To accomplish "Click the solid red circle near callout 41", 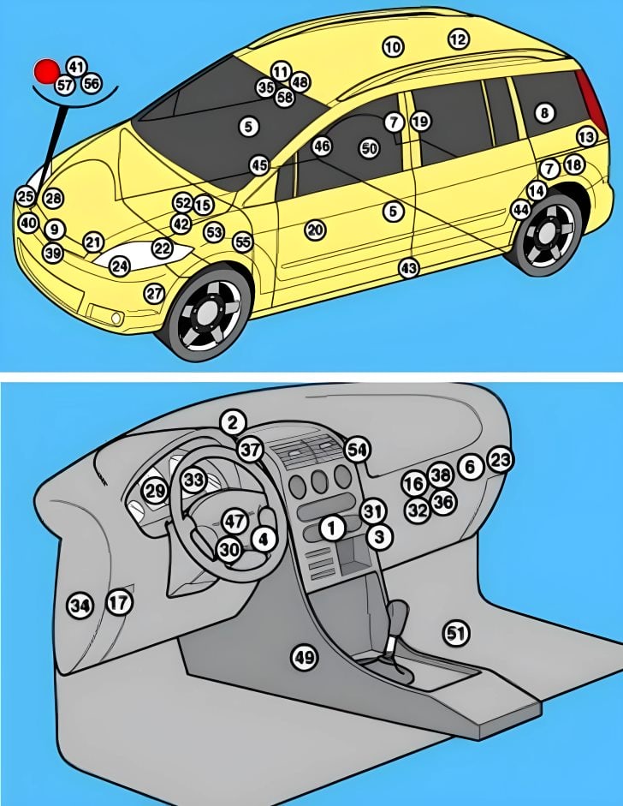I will point(46,70).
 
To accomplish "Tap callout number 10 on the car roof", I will point(393,47).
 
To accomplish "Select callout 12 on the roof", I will point(459,39).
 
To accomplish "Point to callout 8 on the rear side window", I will point(544,112).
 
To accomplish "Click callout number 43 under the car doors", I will point(409,268).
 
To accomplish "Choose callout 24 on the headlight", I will point(120,266).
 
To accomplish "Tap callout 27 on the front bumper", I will point(154,293).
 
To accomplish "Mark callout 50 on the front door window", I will point(369,148).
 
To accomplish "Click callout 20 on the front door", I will point(316,230).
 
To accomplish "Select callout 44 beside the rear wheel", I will point(520,209).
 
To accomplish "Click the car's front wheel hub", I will point(208,314).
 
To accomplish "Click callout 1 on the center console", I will point(332,528).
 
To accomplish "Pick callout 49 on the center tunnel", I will point(304,657).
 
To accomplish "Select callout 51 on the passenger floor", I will point(456,633).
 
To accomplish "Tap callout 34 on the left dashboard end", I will point(80,606).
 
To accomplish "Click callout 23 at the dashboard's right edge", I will point(501,460).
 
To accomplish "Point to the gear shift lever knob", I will point(399,613).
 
